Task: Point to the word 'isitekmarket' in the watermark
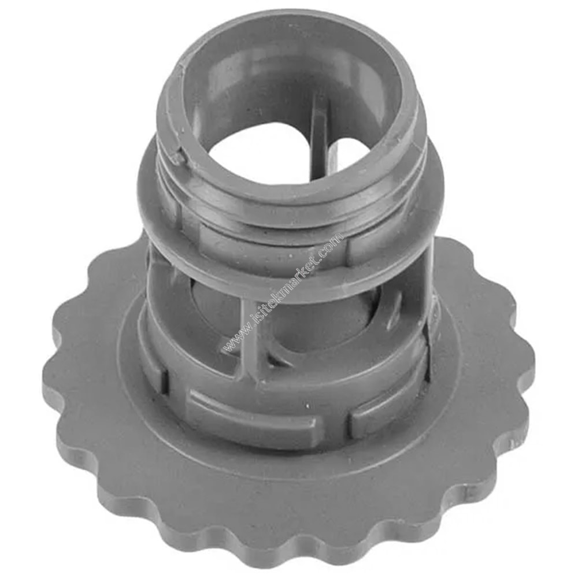coord(283,292)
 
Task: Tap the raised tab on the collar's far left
coord(155,370)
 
